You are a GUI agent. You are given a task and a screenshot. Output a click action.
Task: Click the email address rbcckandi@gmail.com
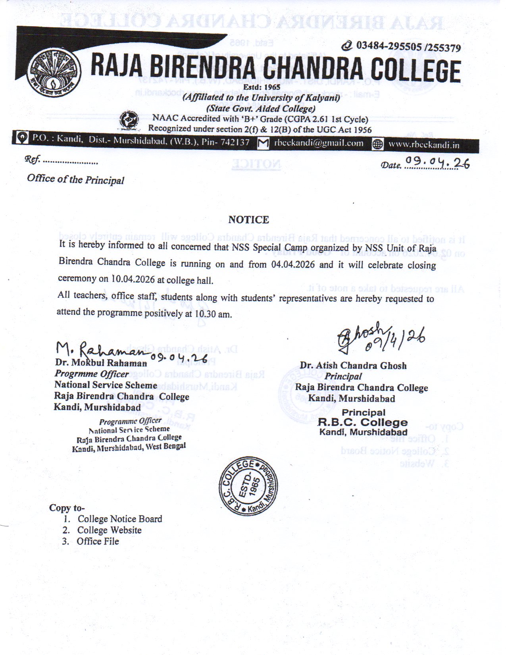pos(318,143)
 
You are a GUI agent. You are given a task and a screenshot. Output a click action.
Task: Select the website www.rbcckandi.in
pos(423,145)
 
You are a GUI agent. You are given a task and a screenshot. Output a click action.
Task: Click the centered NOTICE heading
pos(248,220)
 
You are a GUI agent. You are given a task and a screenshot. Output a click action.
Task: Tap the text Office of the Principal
pos(75,179)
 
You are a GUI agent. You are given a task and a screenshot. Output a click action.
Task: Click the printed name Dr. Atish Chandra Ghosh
pos(353,365)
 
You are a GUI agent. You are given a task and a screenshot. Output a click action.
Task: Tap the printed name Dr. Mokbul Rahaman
pos(101,362)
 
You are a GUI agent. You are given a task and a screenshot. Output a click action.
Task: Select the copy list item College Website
pos(109,530)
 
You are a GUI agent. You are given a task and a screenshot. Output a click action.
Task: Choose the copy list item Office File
pos(98,541)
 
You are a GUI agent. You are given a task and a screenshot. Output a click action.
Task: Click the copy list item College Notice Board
pos(120,519)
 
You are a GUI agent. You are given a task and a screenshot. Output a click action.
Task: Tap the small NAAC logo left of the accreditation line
pos(129,121)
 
